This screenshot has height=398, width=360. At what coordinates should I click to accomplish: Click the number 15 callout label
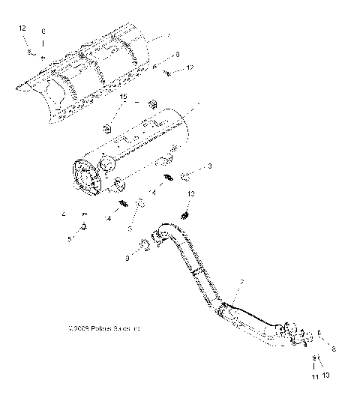coord(124,97)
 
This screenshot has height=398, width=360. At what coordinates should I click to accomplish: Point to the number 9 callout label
coord(127,258)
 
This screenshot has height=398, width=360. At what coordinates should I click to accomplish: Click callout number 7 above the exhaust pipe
coord(241,281)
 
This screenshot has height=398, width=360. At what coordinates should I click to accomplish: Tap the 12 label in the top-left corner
coord(22,28)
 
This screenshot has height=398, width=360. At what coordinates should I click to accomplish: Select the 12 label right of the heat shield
coord(190,69)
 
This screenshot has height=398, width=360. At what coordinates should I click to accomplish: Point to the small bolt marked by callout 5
coord(82,229)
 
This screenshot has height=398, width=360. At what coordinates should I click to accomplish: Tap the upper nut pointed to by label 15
coord(152,103)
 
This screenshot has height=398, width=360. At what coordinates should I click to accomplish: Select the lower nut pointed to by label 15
coord(107,127)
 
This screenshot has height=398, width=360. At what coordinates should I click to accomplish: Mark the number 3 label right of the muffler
coord(211,165)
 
